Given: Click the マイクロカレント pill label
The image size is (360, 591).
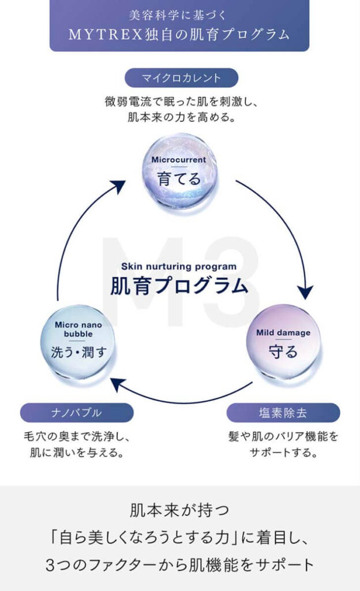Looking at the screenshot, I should (x=181, y=78).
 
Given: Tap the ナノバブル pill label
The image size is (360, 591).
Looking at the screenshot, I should (x=76, y=413).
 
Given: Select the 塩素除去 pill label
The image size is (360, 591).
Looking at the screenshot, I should (x=283, y=413).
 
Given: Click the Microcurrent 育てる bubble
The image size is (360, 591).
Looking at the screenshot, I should (x=180, y=171).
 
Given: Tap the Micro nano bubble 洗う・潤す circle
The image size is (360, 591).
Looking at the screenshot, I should (x=78, y=342).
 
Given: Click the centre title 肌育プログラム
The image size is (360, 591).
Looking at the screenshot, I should (x=179, y=286).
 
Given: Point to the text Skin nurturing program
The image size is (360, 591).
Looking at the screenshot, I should (x=179, y=266).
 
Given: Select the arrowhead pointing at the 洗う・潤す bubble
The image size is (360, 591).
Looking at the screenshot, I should (x=118, y=381).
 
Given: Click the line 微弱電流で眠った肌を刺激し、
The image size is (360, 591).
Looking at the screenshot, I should (x=180, y=102).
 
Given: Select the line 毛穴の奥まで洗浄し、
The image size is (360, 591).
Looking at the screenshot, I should (x=76, y=436).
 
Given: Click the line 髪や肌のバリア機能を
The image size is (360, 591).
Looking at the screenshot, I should (x=283, y=436).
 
